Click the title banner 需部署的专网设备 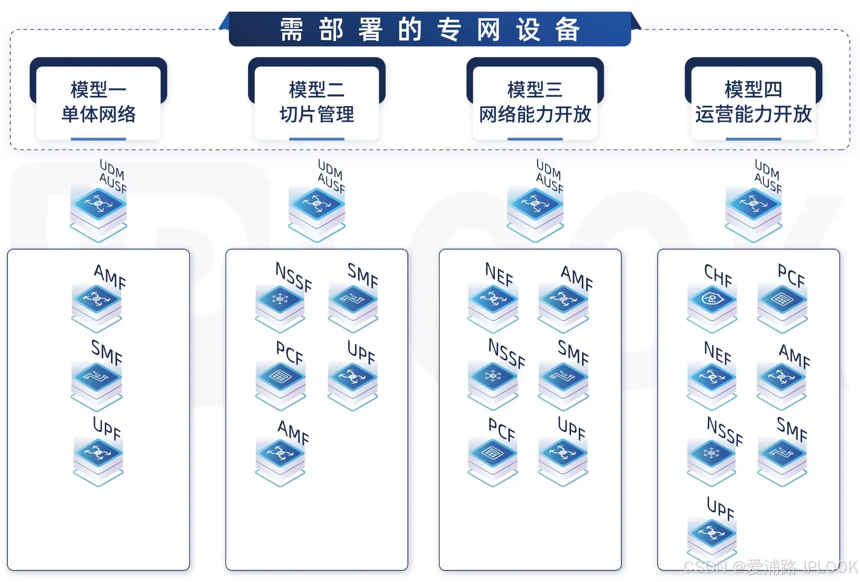tap(430, 29)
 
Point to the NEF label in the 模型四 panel tap(718, 353)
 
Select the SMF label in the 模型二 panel tap(363, 275)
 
